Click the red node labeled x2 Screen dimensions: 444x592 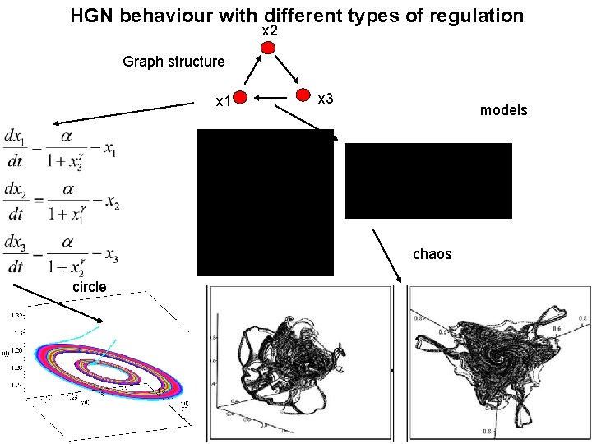tap(268, 47)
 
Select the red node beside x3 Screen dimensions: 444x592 tap(304, 95)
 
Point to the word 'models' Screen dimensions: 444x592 tap(503, 110)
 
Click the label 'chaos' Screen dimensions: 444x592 tap(432, 254)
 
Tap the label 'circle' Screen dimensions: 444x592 tap(90, 287)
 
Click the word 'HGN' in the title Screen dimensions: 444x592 tap(92, 16)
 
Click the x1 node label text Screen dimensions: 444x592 tap(222, 102)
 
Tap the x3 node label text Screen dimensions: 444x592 tap(325, 99)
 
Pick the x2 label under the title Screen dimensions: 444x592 tap(269, 30)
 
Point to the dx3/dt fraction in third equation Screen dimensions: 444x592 tap(16, 256)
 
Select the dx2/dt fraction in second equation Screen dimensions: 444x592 tap(16, 202)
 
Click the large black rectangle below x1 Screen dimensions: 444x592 tap(266, 201)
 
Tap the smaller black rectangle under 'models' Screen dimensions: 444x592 tap(428, 180)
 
